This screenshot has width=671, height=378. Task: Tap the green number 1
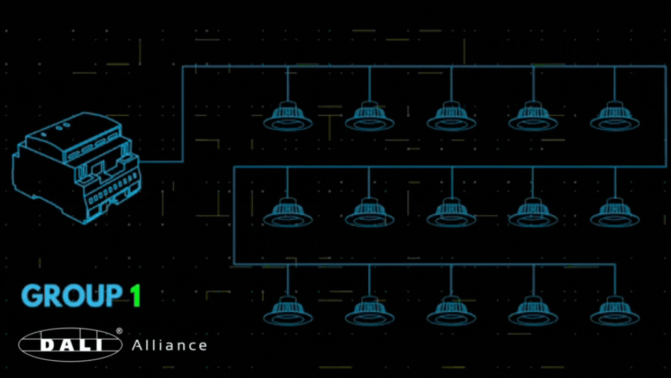coord(135,296)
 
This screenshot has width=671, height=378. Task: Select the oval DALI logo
coord(70,345)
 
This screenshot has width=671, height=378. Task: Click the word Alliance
coord(169,345)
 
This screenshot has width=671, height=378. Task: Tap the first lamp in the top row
coord(288,117)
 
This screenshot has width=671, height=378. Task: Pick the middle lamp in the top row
coord(451,117)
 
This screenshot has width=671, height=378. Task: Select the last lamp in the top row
coord(615,117)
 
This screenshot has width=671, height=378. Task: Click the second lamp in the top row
coord(369,117)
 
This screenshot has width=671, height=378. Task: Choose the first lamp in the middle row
coord(288,213)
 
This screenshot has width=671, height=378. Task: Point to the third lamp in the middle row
coord(451,213)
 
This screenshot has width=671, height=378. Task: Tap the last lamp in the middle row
coord(615,213)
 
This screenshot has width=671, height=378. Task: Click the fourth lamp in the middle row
coord(533,213)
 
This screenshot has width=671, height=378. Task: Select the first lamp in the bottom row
coord(288,312)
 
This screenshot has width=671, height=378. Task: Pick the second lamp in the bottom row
coord(369,312)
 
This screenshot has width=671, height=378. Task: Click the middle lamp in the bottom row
coord(451,312)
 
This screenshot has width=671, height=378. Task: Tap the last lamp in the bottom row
coord(615,312)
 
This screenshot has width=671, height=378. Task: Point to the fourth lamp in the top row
coord(533,117)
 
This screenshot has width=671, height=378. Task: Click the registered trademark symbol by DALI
coord(119,331)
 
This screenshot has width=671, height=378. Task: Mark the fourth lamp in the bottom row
coord(533,312)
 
